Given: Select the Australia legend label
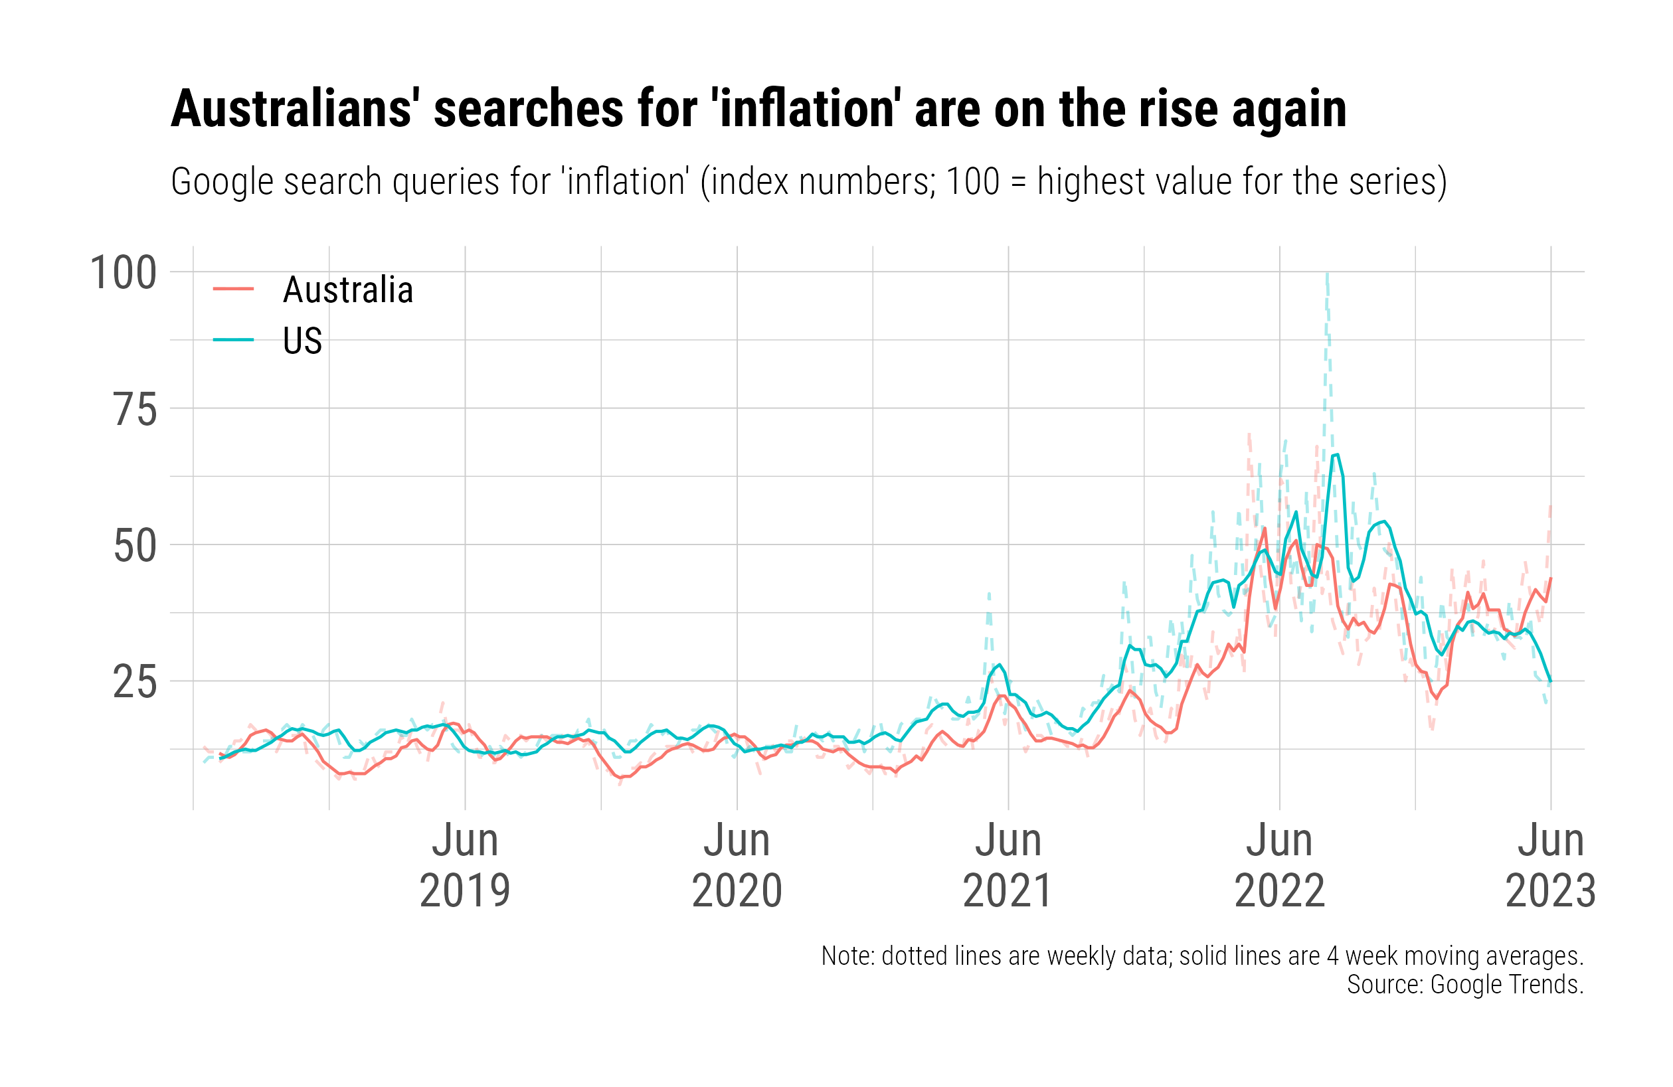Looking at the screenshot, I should tap(348, 290).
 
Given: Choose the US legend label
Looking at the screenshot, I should tap(302, 341).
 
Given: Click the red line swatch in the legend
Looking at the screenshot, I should tap(233, 289).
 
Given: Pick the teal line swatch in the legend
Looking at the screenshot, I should tap(233, 340).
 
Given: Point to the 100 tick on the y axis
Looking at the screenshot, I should tap(124, 274).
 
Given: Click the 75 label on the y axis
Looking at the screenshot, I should tap(135, 410).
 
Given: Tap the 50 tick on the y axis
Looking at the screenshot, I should tap(135, 546).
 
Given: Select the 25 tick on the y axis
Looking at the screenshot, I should tap(135, 682).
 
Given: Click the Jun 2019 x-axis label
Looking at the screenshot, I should tap(466, 865).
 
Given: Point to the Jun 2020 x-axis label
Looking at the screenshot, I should tap(737, 865).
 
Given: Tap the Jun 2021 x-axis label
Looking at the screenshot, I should tap(1008, 865).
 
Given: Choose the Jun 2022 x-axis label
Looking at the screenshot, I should tap(1279, 865).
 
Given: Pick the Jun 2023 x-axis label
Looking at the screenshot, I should tap(1551, 865).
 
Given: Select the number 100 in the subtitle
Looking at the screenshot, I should tap(973, 182).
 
